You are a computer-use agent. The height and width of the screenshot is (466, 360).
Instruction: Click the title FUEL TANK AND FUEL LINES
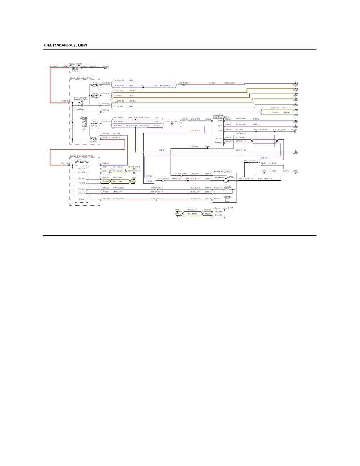65,46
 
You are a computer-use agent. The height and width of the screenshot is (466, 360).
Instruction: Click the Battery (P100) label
76,64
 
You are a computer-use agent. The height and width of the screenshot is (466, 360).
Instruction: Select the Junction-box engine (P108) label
81,78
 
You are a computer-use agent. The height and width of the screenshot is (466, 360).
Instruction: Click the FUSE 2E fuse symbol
95,84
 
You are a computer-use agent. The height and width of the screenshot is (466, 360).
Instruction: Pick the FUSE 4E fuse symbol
95,95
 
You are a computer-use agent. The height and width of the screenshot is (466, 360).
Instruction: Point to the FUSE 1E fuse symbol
95,123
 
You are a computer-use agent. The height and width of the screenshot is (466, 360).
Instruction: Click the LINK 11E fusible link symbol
94,139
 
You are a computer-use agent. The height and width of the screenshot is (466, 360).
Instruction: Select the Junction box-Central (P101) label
80,156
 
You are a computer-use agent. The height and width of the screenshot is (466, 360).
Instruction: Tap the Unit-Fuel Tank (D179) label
222,171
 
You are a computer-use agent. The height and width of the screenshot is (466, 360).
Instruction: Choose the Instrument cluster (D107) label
223,208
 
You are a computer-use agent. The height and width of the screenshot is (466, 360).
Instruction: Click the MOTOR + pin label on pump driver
218,142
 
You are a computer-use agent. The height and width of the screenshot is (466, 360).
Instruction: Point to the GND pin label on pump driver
220,131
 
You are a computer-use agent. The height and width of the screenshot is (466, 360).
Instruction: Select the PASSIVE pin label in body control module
81,189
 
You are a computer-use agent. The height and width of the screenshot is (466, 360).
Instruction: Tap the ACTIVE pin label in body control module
82,199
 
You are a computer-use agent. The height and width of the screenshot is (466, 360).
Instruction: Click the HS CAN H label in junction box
81,178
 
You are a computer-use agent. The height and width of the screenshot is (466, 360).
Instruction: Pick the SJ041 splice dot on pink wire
144,87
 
